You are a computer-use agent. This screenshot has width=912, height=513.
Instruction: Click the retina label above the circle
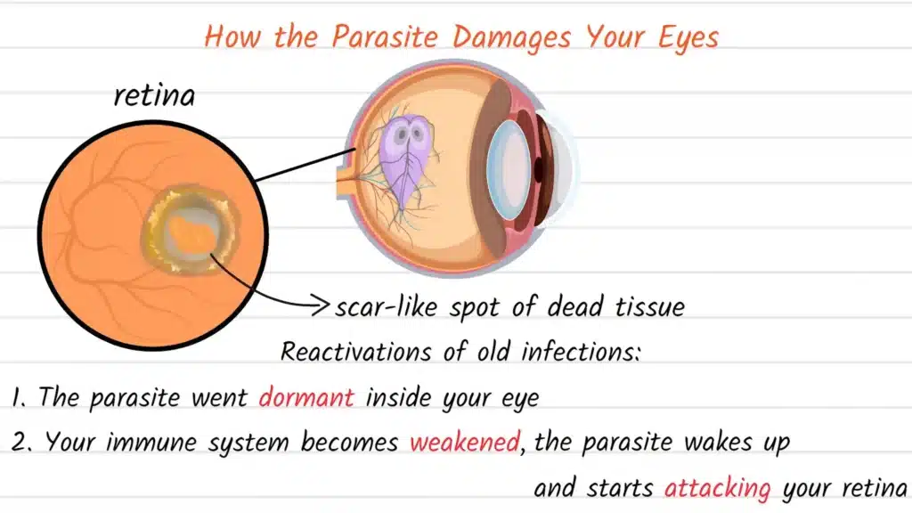pyautogui.click(x=154, y=95)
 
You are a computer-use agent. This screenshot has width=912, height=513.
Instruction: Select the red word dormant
pyautogui.click(x=306, y=397)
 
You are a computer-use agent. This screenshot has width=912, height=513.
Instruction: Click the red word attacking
pyautogui.click(x=719, y=488)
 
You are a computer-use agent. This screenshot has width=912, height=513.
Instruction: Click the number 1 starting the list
pyautogui.click(x=18, y=397)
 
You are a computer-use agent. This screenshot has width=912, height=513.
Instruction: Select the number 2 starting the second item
pyautogui.click(x=20, y=442)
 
